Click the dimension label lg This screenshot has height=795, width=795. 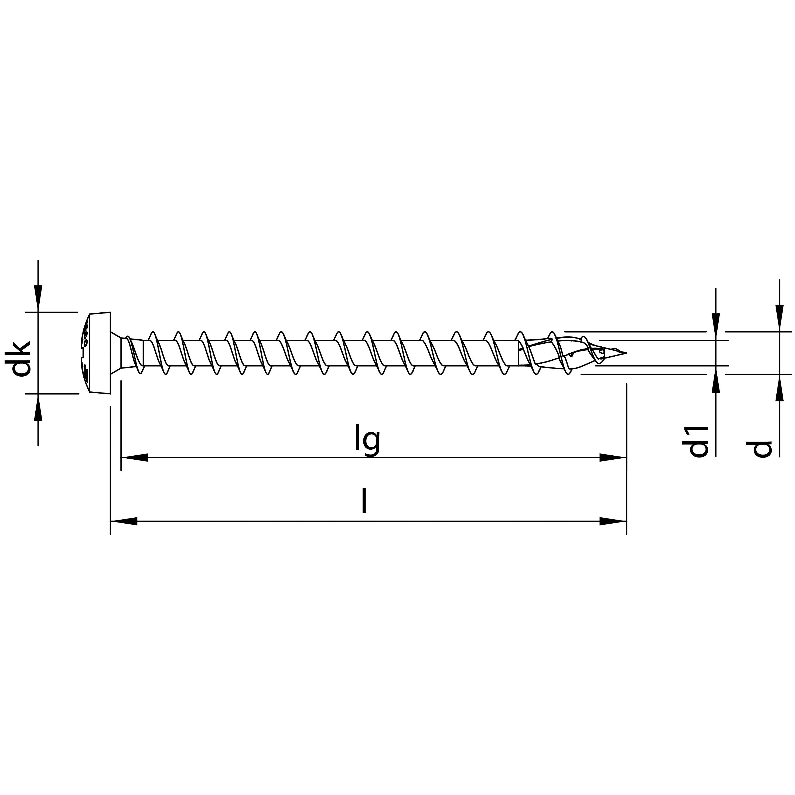tap(367, 441)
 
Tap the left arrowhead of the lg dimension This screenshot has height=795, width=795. tap(134, 457)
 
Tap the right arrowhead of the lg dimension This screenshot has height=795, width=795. tap(613, 457)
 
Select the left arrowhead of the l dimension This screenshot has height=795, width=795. tap(124, 521)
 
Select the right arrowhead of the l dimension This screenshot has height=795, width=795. tap(613, 521)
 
